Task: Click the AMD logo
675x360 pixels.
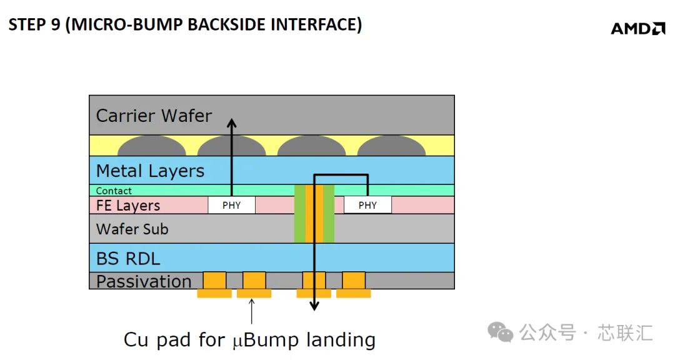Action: click(x=638, y=28)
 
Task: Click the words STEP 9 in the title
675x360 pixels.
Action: click(x=34, y=24)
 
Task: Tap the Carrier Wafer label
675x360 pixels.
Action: click(x=154, y=116)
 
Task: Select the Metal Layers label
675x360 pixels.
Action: click(x=150, y=171)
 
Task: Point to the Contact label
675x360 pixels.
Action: click(x=114, y=191)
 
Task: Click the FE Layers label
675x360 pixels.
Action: click(x=128, y=206)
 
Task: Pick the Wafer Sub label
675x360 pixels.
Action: click(x=132, y=229)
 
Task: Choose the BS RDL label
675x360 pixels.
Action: click(x=128, y=258)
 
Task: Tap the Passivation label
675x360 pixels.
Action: click(x=144, y=281)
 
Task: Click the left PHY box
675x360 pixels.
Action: click(x=232, y=205)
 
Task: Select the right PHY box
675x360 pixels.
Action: click(x=367, y=205)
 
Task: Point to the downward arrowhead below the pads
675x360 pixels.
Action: click(x=314, y=306)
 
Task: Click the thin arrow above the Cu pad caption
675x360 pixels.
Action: click(x=252, y=311)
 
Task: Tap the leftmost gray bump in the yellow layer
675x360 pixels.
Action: click(x=151, y=146)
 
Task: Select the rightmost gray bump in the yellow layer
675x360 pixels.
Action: click(x=391, y=146)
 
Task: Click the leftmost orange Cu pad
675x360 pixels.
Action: click(x=214, y=284)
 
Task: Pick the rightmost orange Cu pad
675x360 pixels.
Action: click(x=353, y=284)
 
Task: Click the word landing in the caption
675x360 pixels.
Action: click(x=341, y=340)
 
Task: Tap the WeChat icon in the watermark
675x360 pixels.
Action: click(x=500, y=332)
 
